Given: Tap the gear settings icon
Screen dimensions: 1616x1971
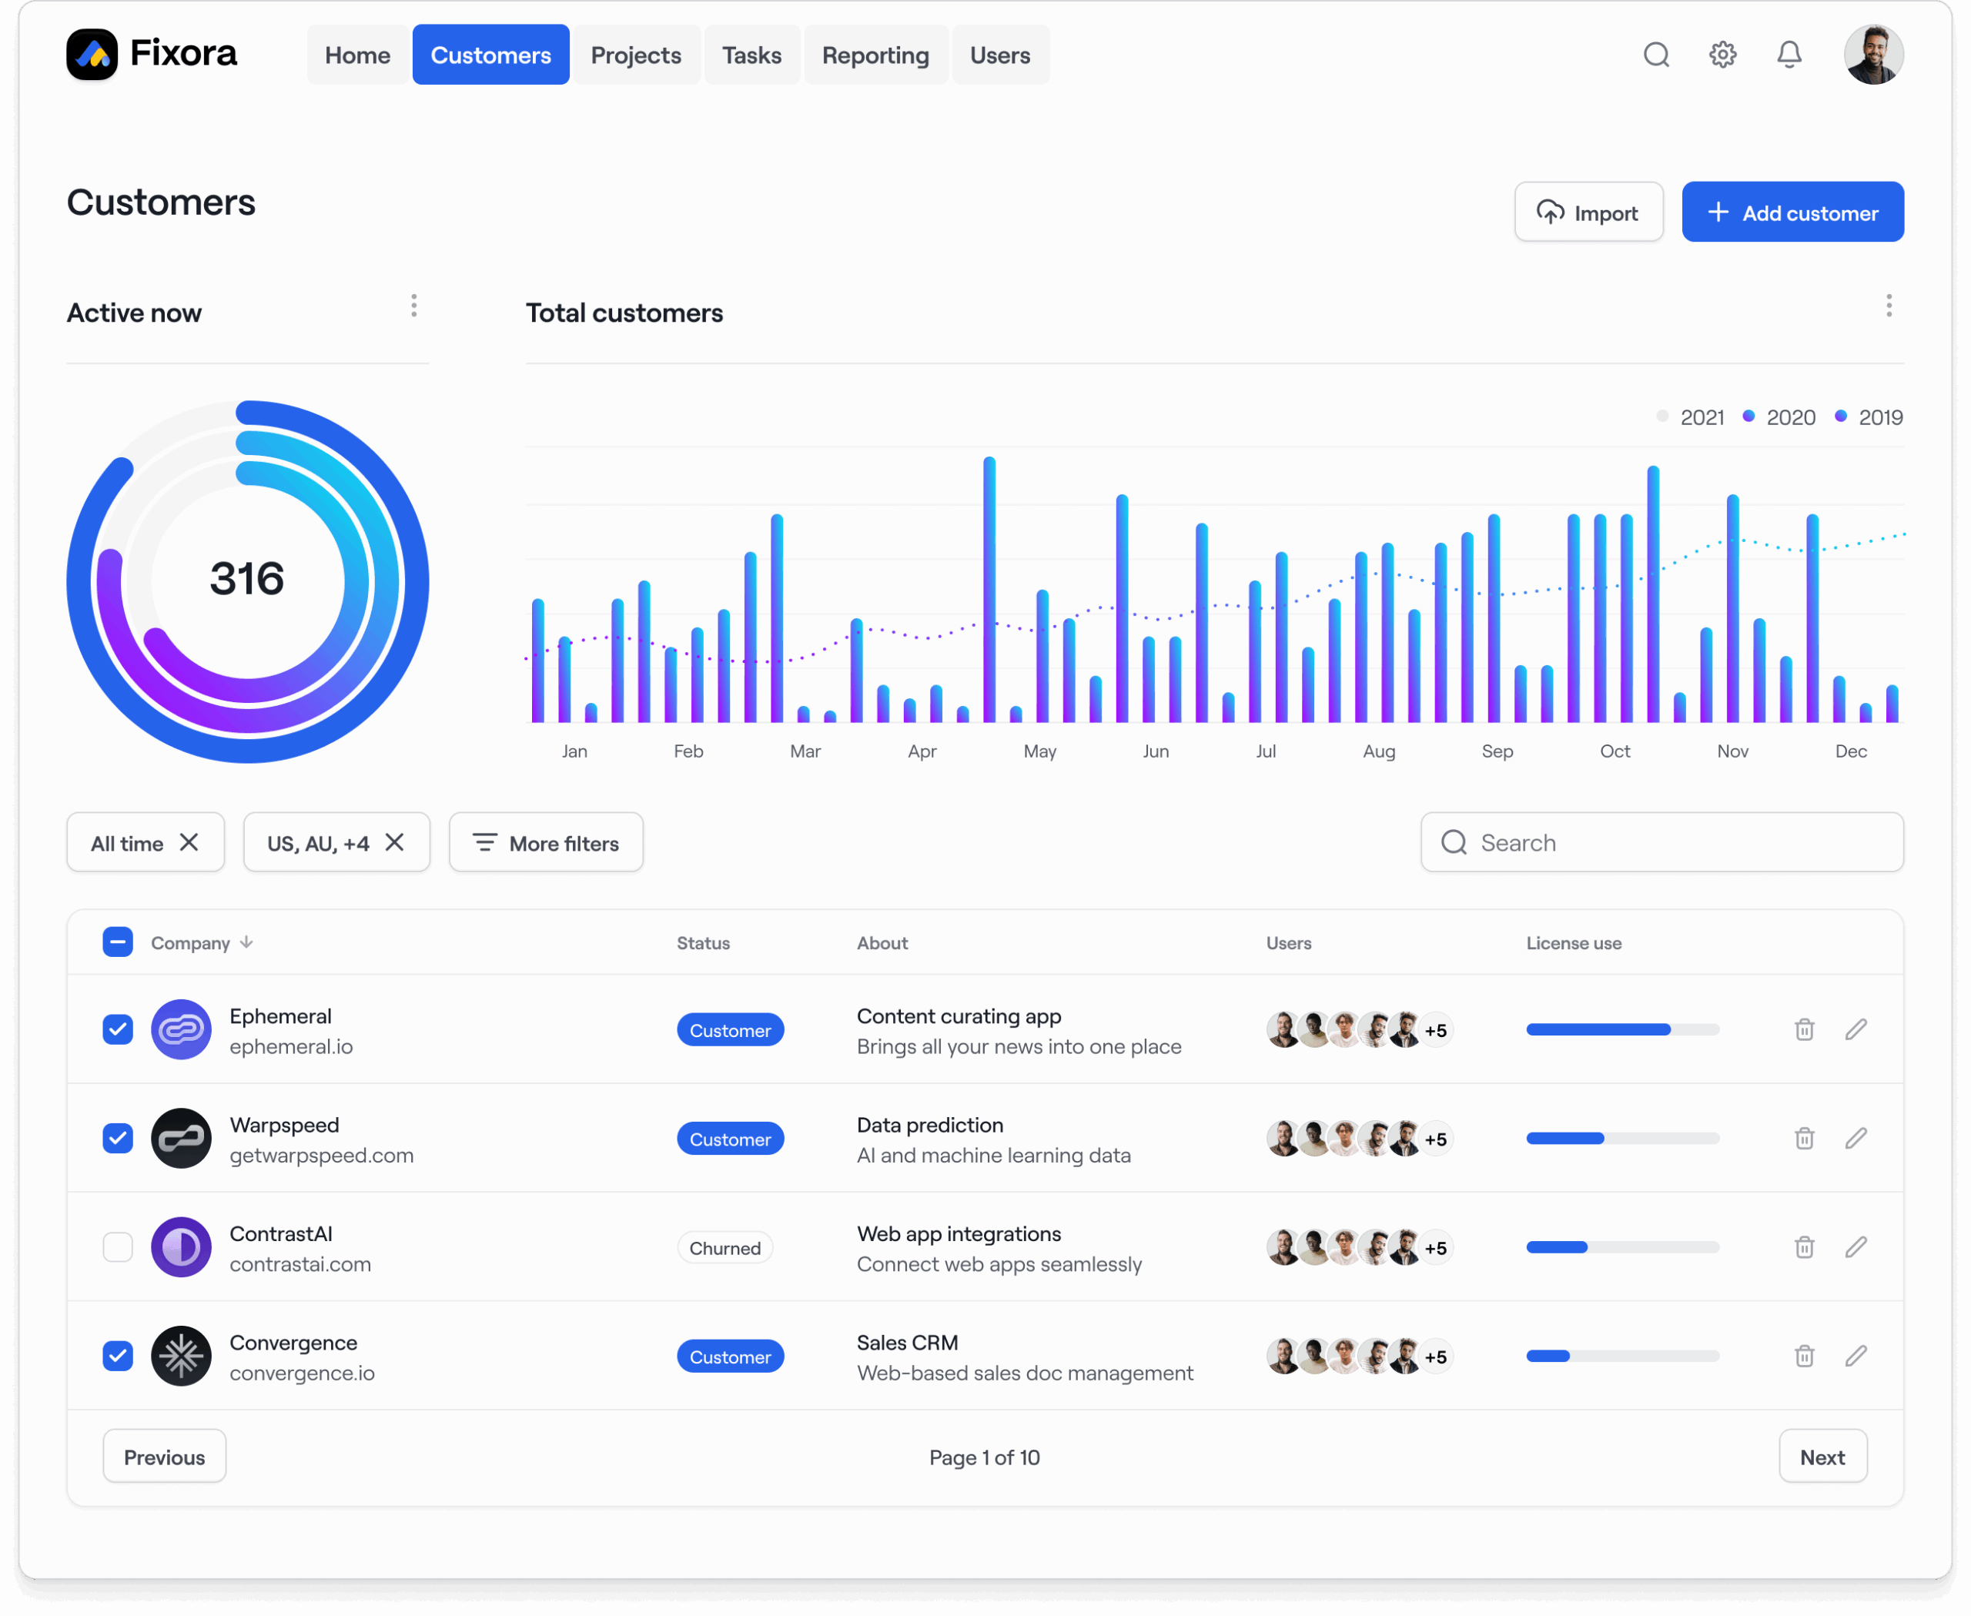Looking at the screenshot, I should pyautogui.click(x=1722, y=55).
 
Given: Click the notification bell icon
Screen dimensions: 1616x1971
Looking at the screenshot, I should pyautogui.click(x=1789, y=55).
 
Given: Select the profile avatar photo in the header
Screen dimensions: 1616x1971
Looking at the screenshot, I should pyautogui.click(x=1872, y=55).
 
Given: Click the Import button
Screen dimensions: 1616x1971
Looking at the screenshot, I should pyautogui.click(x=1588, y=212).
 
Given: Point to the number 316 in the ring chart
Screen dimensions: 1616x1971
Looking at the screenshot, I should pyautogui.click(x=246, y=579).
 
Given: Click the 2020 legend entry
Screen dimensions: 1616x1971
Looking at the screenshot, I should pyautogui.click(x=1779, y=417).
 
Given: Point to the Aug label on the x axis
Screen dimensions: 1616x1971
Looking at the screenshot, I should pyautogui.click(x=1379, y=751).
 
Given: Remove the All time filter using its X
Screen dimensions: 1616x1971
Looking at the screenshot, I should pyautogui.click(x=189, y=842).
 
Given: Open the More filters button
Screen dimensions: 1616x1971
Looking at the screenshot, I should pyautogui.click(x=546, y=842).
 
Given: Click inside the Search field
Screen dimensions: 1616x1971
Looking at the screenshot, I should pyautogui.click(x=1662, y=842).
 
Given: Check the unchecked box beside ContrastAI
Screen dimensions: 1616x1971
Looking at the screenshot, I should pyautogui.click(x=117, y=1247).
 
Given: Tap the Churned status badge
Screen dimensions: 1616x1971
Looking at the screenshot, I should pyautogui.click(x=724, y=1248).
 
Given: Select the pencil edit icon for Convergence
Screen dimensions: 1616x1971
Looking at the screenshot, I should pyautogui.click(x=1856, y=1357).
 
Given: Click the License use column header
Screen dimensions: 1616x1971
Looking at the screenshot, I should pyautogui.click(x=1574, y=943).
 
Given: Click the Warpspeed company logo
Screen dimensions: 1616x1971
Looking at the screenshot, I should pyautogui.click(x=181, y=1139).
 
